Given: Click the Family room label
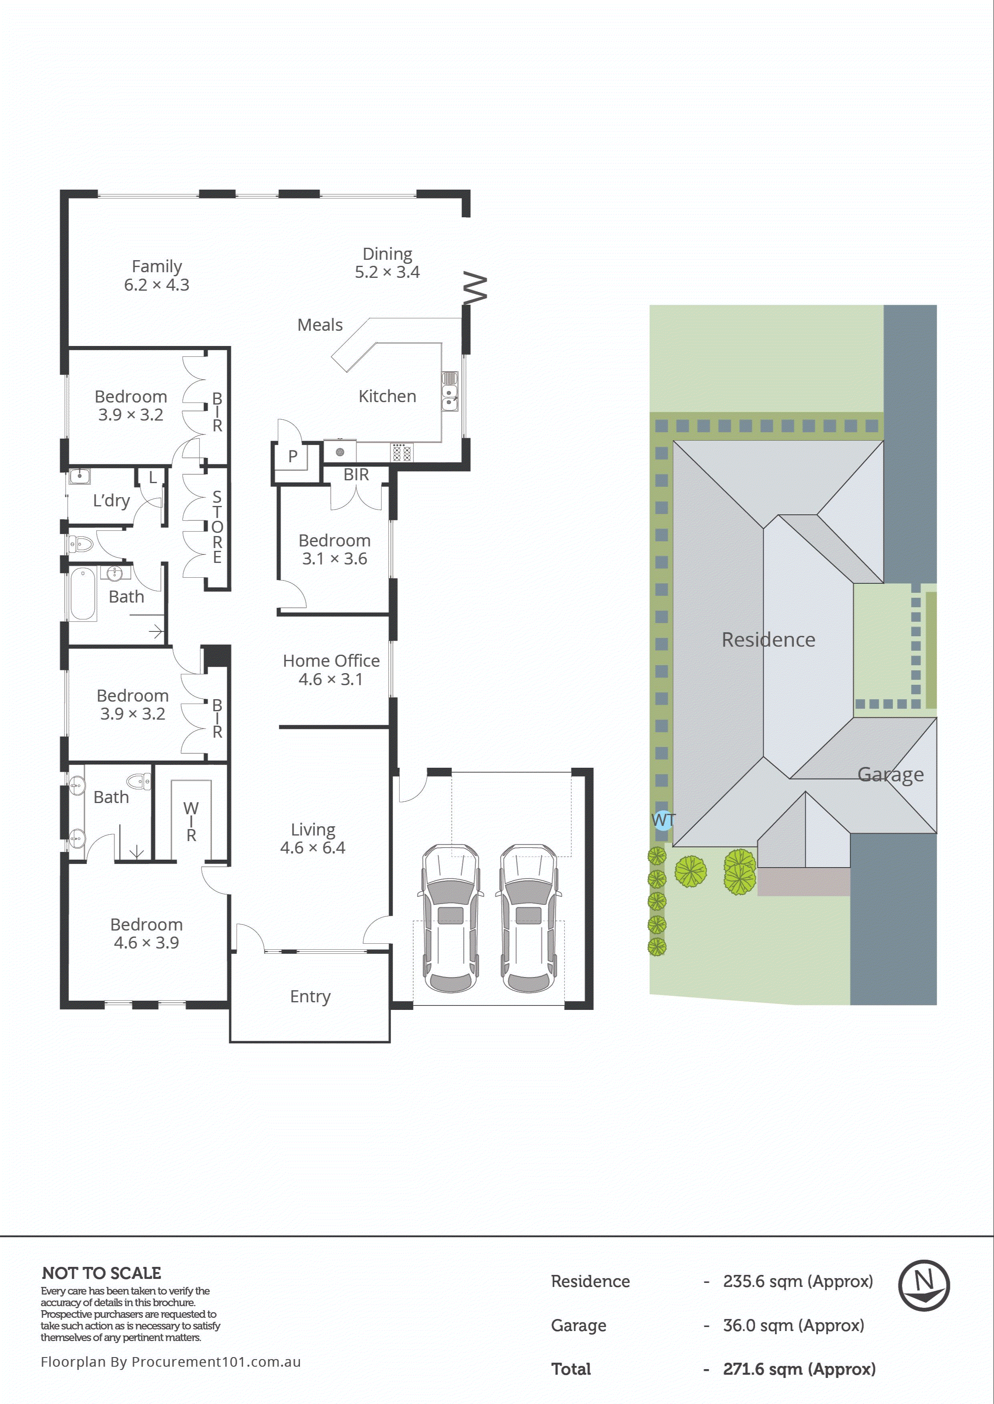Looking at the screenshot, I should [157, 275].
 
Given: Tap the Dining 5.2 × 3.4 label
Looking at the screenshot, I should [387, 263].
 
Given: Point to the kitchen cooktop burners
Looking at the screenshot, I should [401, 453].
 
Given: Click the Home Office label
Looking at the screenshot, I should [331, 669].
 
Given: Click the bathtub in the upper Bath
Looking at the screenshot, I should [83, 593].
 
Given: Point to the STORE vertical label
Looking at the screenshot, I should [217, 526].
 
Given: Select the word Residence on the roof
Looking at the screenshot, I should [768, 639].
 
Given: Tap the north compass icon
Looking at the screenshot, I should [923, 1285].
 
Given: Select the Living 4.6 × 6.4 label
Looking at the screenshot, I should [313, 838].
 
